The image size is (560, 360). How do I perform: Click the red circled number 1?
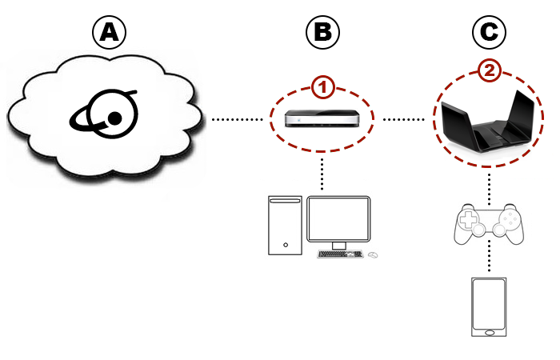point(322,84)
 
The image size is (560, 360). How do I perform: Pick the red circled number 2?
point(490,71)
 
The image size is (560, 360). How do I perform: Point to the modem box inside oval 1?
point(323,119)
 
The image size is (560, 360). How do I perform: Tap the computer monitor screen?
point(338,216)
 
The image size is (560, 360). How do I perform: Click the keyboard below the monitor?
point(340,254)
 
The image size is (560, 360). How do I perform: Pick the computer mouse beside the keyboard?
point(373,255)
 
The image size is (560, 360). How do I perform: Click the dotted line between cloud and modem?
point(238,120)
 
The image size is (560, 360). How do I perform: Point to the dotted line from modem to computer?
point(323,172)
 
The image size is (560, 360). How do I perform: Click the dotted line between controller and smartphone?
point(490,258)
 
